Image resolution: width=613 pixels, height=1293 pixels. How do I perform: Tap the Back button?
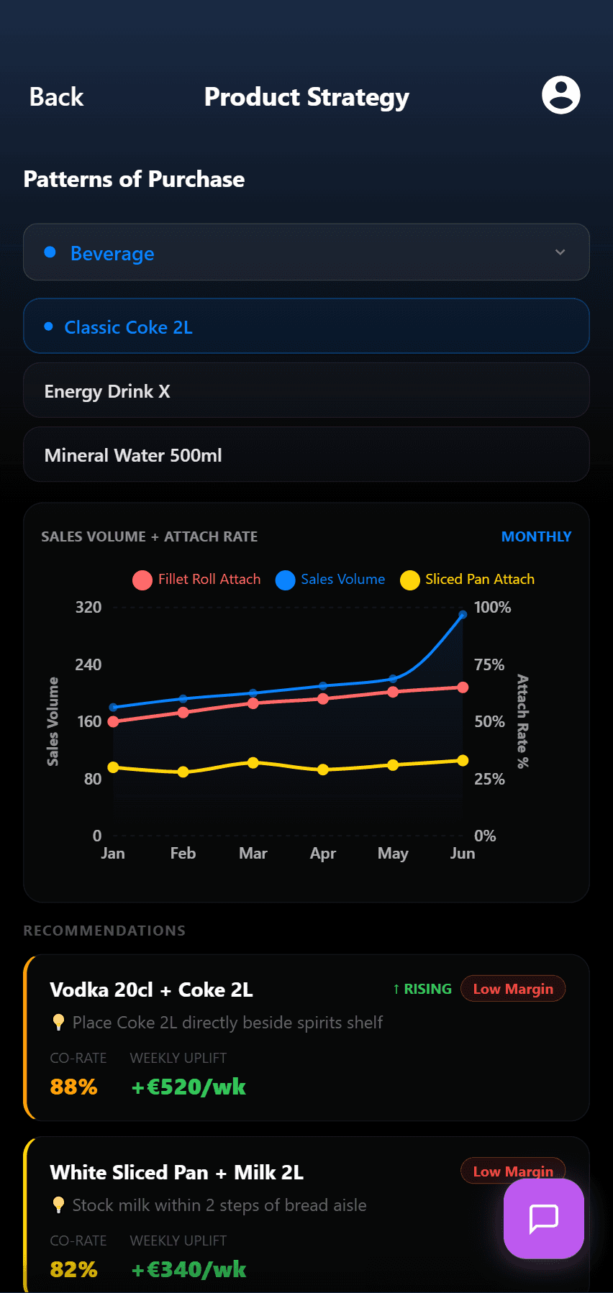click(56, 97)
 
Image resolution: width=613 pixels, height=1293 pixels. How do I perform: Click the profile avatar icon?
click(560, 95)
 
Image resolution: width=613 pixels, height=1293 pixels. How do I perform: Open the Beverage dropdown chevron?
click(560, 252)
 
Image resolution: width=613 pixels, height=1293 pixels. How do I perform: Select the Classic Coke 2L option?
click(129, 327)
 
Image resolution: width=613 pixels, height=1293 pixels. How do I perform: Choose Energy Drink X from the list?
click(107, 391)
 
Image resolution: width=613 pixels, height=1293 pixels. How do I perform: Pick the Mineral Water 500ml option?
click(133, 455)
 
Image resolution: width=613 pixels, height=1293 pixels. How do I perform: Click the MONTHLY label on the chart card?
click(536, 536)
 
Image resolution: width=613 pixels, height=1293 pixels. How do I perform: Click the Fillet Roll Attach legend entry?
click(197, 580)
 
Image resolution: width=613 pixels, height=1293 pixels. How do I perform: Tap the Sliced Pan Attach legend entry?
click(468, 580)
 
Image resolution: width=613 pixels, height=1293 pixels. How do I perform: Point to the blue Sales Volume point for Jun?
click(463, 614)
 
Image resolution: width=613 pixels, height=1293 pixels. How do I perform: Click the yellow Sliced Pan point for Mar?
click(253, 762)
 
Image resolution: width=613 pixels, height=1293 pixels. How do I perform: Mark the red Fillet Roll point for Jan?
click(113, 721)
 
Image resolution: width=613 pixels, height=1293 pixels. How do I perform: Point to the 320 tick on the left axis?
click(88, 607)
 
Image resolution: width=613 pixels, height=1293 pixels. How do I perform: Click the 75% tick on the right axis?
click(489, 664)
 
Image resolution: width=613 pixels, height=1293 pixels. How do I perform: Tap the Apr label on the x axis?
click(323, 854)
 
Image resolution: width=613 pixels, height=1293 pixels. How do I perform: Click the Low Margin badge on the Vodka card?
click(513, 989)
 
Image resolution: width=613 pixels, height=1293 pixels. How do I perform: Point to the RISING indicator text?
click(422, 989)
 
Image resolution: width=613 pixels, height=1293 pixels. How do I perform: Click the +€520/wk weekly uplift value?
click(189, 1087)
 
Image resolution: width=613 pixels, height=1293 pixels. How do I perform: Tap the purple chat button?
click(544, 1218)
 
